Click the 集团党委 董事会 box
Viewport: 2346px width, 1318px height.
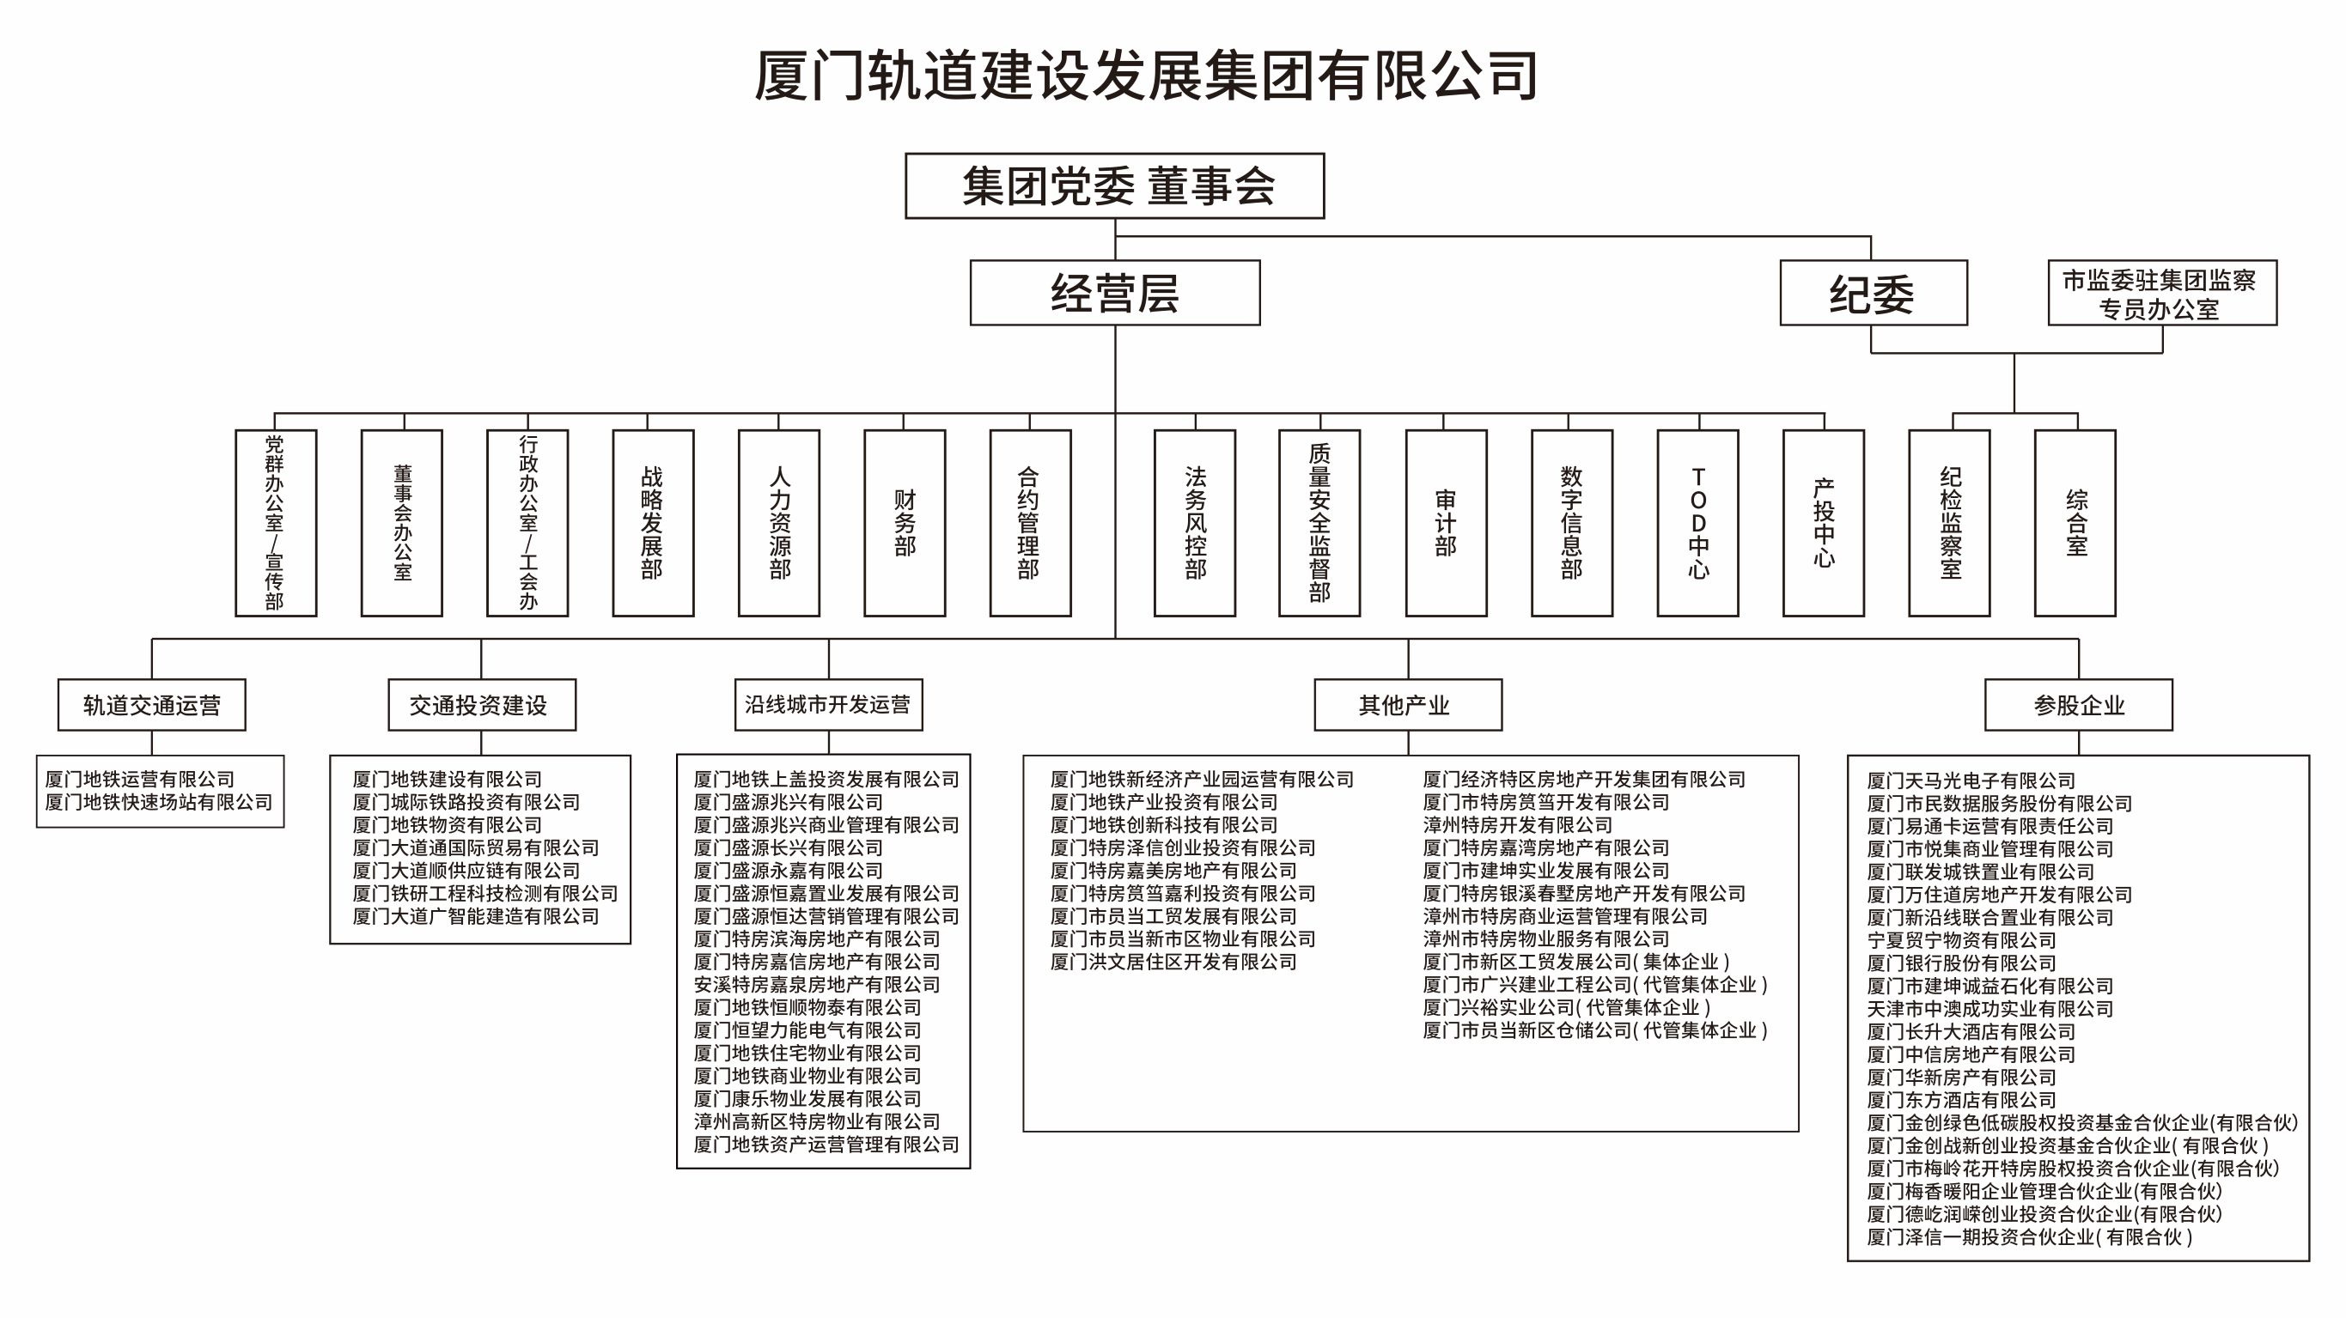click(1114, 185)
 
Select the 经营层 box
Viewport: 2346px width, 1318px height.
click(1115, 293)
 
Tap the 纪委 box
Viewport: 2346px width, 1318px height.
click(1873, 293)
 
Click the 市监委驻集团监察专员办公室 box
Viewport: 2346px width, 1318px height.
click(2161, 293)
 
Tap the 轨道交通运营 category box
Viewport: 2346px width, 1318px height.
click(152, 705)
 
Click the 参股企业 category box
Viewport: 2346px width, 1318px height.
click(2078, 705)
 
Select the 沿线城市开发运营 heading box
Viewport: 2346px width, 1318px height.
click(828, 705)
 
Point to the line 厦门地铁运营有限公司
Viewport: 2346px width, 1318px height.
click(140, 779)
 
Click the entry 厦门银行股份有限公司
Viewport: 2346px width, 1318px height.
click(1961, 963)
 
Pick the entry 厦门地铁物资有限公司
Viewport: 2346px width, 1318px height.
click(448, 824)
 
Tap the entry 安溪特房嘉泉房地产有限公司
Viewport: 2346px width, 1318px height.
click(816, 985)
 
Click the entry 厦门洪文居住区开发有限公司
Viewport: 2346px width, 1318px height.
click(1173, 963)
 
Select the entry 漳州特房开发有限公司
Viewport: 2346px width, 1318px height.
click(1517, 824)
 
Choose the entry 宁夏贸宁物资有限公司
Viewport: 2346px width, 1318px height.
click(1961, 940)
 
